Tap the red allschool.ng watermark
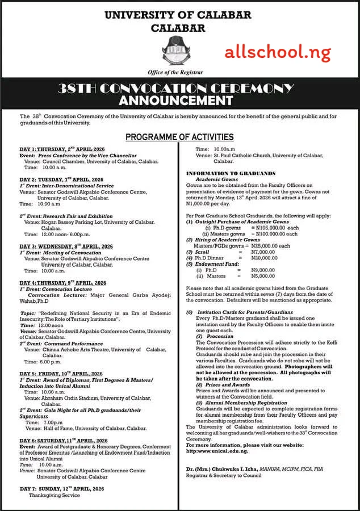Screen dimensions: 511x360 coord(278,53)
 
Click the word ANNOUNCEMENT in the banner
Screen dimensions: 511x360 coord(180,101)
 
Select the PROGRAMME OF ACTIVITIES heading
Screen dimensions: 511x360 coord(179,137)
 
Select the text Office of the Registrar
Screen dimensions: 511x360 coord(179,73)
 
